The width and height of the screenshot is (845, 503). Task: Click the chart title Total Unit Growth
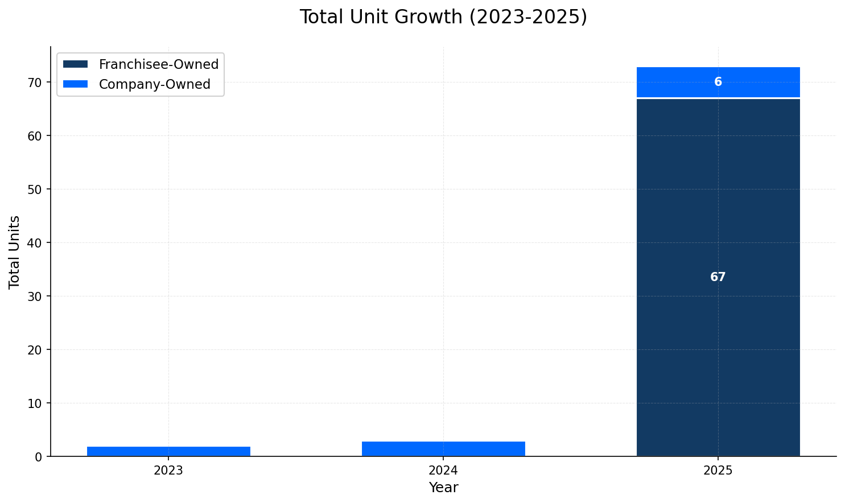click(443, 17)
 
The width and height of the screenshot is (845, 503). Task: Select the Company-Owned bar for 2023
click(168, 451)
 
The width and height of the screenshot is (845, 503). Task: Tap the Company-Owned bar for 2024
click(443, 449)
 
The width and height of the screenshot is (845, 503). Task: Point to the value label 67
click(718, 278)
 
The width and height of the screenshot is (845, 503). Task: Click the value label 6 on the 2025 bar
click(718, 82)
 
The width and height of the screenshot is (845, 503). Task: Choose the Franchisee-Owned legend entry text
click(159, 64)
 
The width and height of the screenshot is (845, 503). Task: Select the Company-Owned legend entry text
click(155, 84)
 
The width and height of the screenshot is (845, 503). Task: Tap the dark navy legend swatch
click(76, 64)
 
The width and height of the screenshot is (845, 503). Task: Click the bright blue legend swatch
click(76, 84)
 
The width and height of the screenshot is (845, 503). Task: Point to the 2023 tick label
click(168, 471)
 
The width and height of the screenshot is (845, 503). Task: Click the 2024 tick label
click(443, 471)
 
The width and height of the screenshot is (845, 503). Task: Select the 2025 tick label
click(718, 471)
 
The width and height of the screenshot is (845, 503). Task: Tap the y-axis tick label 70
click(35, 83)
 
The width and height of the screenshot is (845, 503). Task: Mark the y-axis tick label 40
click(35, 243)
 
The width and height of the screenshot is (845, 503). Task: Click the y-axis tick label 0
click(38, 457)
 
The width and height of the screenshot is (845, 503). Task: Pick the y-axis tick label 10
click(35, 403)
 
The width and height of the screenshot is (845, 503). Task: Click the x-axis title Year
click(443, 488)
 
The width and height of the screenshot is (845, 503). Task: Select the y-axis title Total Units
click(15, 251)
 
